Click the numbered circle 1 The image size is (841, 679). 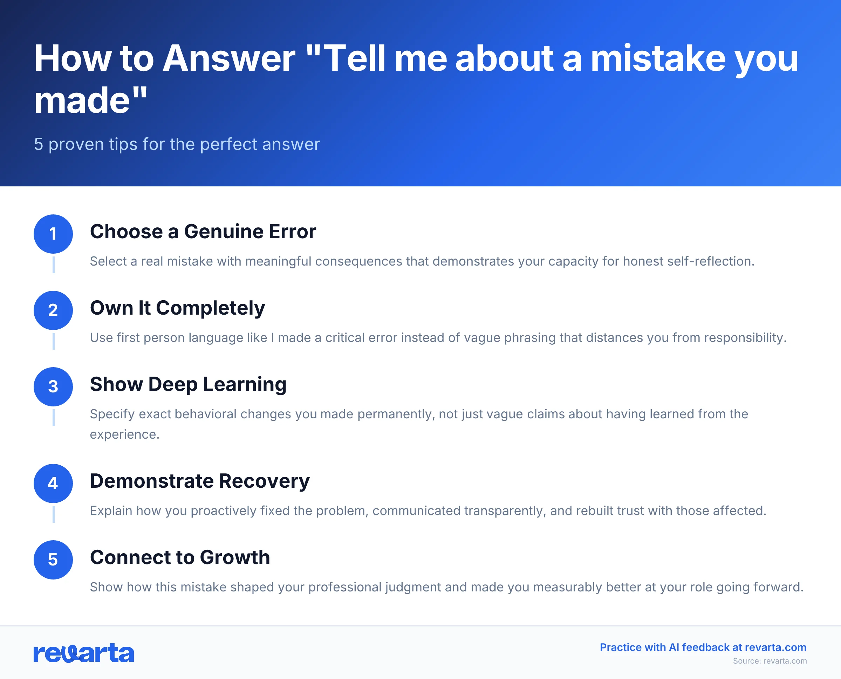53,234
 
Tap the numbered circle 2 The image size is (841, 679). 53,310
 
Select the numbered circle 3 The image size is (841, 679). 53,386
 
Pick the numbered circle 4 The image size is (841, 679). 53,483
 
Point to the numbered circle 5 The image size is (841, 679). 53,560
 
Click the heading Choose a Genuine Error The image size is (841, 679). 203,232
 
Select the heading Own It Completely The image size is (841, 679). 177,308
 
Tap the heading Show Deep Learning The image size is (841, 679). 188,384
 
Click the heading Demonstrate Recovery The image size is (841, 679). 199,481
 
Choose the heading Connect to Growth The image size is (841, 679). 180,557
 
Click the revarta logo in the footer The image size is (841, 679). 84,653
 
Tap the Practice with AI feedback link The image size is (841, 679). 703,647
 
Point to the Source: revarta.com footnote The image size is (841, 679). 770,661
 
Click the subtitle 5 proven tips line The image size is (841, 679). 177,144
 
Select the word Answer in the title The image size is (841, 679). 229,59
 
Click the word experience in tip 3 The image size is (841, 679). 124,434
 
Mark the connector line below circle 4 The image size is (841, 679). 54,514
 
